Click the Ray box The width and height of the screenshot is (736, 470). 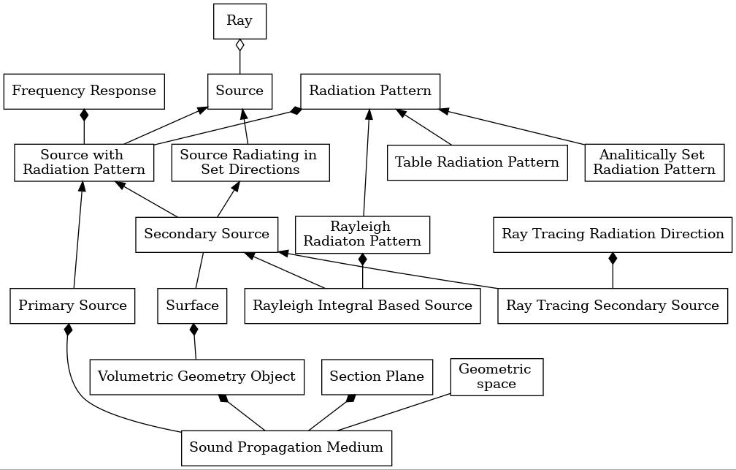[239, 21]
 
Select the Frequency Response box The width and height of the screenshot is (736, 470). [84, 91]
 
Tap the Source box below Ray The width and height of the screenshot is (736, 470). [239, 91]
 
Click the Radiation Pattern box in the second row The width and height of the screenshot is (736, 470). [370, 91]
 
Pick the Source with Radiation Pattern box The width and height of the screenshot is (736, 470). [84, 162]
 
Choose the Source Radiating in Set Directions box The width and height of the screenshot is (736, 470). [250, 162]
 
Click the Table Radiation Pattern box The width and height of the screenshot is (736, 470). [478, 162]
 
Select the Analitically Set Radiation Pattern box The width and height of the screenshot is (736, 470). [654, 162]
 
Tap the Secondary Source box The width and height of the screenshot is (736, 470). [207, 235]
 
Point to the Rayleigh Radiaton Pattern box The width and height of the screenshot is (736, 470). [362, 235]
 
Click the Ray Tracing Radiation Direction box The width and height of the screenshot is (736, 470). [613, 235]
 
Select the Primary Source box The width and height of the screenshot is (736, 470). [72, 306]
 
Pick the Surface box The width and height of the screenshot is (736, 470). [193, 306]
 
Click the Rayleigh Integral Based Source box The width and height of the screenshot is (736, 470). [362, 306]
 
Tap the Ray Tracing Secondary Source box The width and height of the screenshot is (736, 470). [613, 306]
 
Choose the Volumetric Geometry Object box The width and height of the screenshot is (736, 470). [197, 377]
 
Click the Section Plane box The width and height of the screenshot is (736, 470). [377, 377]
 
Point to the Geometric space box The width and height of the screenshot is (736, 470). [497, 377]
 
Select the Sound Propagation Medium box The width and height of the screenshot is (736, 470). [286, 448]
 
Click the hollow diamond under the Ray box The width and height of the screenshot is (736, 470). [239, 45]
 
